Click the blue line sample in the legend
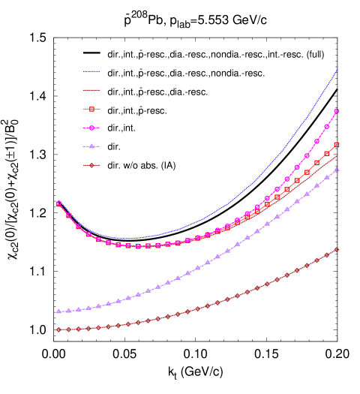[x=91, y=71]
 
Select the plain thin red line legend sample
[x=91, y=90]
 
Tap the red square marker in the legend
[x=91, y=109]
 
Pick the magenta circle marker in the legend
[x=91, y=128]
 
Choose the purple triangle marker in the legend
[x=91, y=146]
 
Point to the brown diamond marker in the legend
[x=91, y=165]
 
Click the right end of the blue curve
[x=337, y=69]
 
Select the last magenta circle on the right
[x=337, y=111]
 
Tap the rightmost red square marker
[x=337, y=145]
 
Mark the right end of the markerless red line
[x=337, y=156]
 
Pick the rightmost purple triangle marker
[x=337, y=169]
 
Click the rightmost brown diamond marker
[x=337, y=250]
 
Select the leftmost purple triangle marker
[x=58, y=311]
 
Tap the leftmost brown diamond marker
[x=58, y=329]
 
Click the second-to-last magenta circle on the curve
[x=327, y=127]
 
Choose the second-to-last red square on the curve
[x=327, y=153]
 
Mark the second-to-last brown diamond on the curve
[x=327, y=255]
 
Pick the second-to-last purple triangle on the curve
[x=327, y=177]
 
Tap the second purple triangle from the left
[x=68, y=310]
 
